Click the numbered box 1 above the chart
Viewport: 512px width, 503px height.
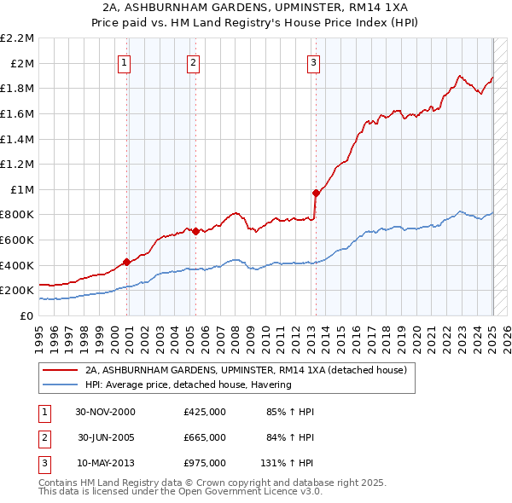pos(125,61)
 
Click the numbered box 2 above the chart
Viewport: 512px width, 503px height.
pos(194,61)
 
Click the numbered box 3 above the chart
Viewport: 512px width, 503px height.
pos(313,61)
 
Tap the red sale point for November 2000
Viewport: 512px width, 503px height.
pos(127,262)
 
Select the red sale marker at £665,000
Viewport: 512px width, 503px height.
pos(195,231)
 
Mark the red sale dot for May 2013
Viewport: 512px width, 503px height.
pos(316,192)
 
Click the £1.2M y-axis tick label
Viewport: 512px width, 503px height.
pos(18,165)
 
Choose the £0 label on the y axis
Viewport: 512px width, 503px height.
pos(26,315)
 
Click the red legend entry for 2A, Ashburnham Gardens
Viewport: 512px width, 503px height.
pos(250,370)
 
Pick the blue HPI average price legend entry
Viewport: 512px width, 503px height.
pos(188,384)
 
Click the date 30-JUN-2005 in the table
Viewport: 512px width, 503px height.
pos(106,437)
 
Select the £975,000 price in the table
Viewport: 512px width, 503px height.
pos(205,463)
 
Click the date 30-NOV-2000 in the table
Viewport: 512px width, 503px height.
pos(106,412)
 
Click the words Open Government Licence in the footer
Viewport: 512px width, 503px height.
pos(240,492)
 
